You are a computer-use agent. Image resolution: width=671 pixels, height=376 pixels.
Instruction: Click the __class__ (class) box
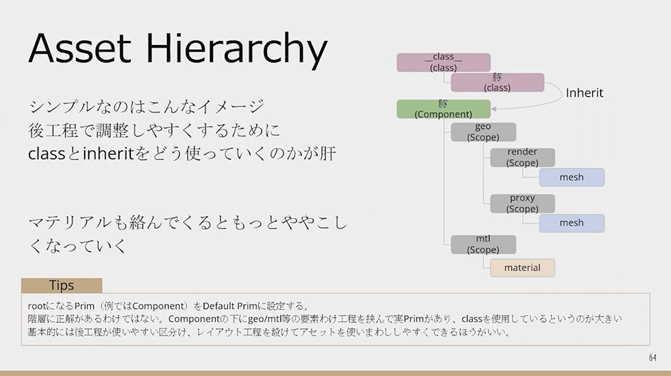[x=444, y=62]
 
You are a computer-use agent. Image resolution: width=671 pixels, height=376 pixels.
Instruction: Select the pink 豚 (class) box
[x=497, y=82]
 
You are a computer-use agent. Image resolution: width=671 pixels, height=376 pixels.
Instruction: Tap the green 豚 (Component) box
[x=444, y=109]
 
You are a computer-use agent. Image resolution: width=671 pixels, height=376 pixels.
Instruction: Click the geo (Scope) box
[x=483, y=132]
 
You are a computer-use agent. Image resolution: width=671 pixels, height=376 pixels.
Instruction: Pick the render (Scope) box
[x=523, y=158]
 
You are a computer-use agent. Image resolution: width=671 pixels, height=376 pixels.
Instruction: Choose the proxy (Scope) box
[x=523, y=203]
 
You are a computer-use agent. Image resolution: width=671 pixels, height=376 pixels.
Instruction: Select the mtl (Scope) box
[x=483, y=244]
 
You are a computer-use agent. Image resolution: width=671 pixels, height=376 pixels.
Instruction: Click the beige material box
[x=523, y=268]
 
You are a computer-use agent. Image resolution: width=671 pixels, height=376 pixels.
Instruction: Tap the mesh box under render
[x=572, y=177]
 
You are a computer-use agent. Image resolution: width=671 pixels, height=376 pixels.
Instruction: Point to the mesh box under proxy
[x=572, y=223]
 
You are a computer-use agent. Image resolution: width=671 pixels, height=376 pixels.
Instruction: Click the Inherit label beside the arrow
[x=584, y=93]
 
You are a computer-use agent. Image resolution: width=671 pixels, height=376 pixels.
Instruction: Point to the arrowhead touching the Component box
[x=493, y=109]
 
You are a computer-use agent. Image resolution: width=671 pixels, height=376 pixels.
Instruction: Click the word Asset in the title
[x=80, y=48]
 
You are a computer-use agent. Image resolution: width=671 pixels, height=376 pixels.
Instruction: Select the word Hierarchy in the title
[x=237, y=50]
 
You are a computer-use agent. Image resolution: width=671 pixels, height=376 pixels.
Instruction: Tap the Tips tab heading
[x=62, y=285]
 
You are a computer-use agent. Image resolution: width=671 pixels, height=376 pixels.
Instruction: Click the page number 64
[x=653, y=358]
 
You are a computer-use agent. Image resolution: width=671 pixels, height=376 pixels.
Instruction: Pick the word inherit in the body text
[x=108, y=153]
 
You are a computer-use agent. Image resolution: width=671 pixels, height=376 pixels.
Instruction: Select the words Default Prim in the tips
[x=230, y=306]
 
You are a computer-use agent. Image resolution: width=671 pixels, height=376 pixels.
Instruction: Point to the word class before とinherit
[x=47, y=154]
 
